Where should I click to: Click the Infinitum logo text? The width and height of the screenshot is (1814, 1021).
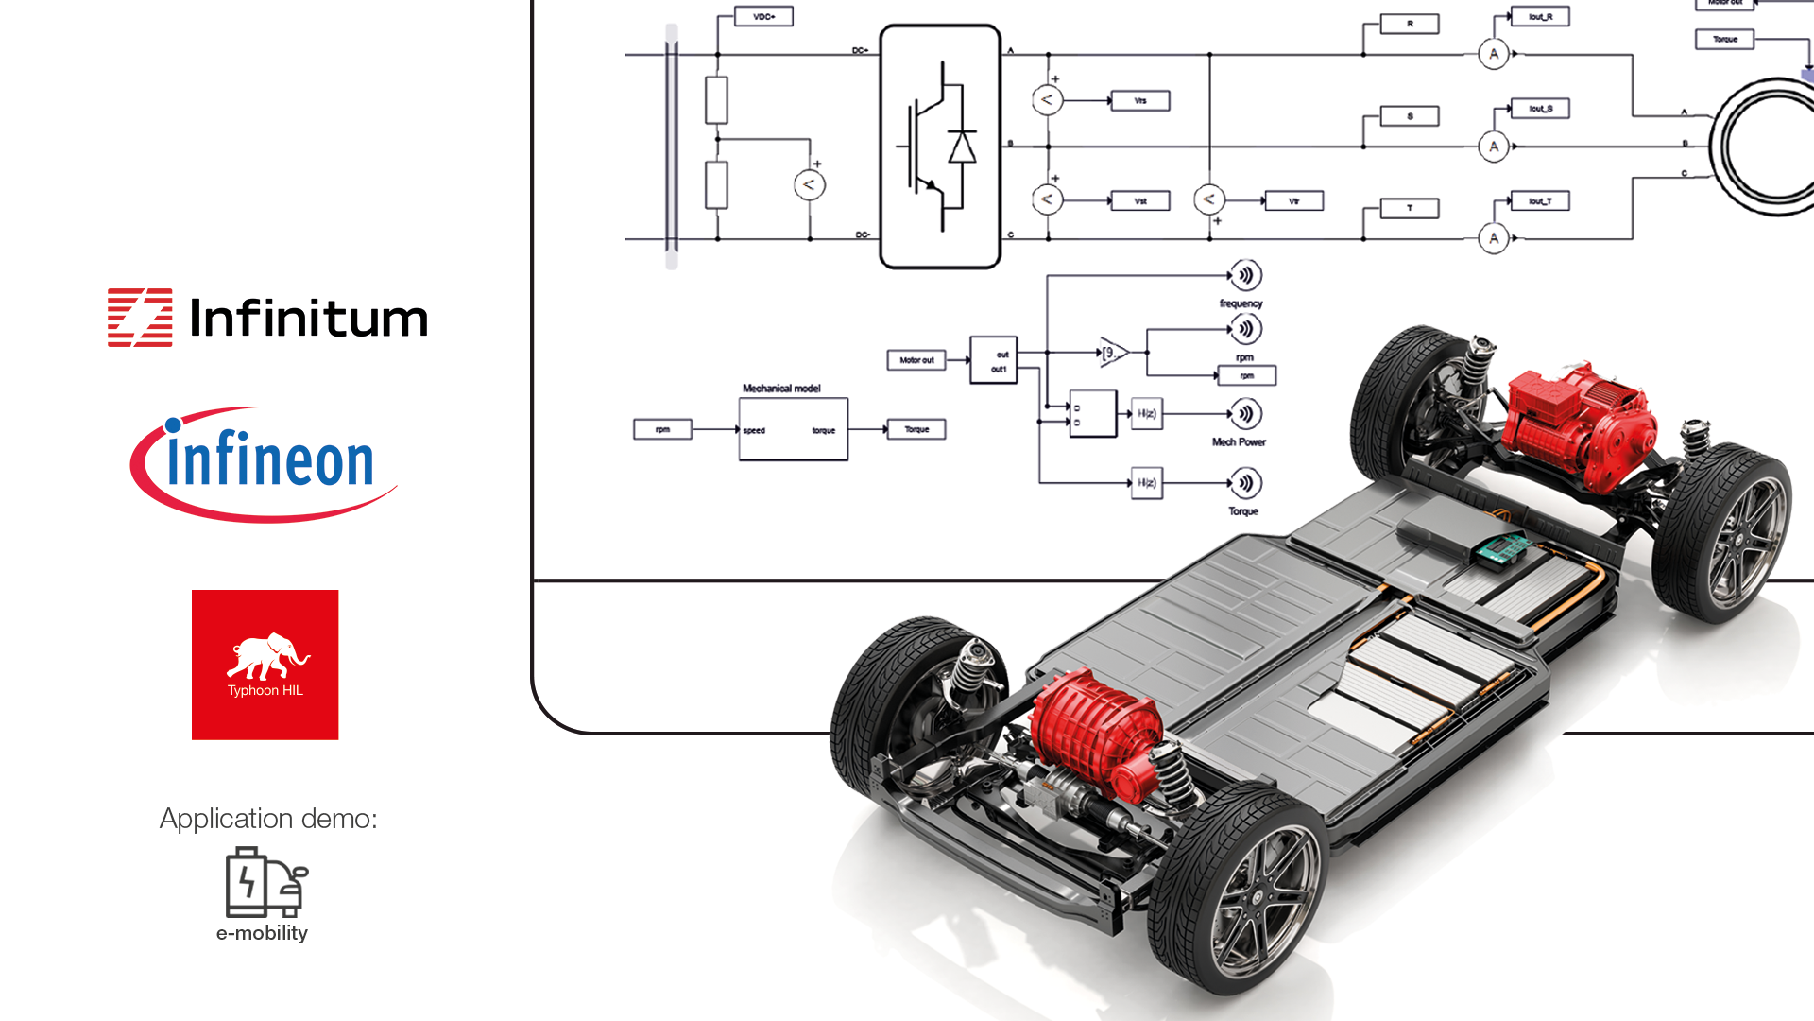click(308, 319)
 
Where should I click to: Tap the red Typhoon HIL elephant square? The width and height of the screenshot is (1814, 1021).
click(265, 664)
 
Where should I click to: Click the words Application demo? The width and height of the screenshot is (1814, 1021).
click(268, 819)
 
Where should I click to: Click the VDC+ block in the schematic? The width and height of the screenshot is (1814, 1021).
click(763, 17)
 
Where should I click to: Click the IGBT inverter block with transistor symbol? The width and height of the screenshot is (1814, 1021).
click(940, 147)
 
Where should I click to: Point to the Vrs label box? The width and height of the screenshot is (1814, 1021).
click(1139, 101)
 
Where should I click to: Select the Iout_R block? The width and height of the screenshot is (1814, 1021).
click(1540, 17)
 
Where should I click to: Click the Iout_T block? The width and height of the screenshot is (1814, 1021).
click(1540, 201)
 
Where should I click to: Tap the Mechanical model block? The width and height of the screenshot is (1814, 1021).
click(793, 429)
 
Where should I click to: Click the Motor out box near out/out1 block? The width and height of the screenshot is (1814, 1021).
click(916, 360)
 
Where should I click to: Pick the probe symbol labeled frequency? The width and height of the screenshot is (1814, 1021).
click(1246, 275)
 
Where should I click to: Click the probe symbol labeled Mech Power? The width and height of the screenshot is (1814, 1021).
click(1246, 414)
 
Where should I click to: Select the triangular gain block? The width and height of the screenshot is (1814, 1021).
click(1113, 352)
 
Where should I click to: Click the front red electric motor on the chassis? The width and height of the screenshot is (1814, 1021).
click(1096, 733)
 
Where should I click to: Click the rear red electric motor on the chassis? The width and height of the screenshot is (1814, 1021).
click(1578, 421)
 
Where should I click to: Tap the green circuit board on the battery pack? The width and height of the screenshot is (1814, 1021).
click(1501, 550)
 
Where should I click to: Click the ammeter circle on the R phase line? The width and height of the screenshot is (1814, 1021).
click(1493, 54)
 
